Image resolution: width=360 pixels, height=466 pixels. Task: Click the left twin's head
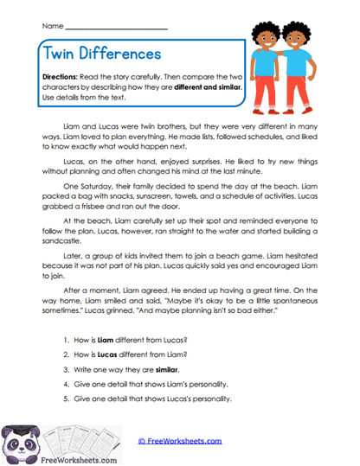[266, 40]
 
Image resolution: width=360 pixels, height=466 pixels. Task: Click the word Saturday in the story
[101, 183]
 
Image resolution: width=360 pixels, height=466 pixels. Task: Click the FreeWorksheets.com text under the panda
[60, 461]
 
